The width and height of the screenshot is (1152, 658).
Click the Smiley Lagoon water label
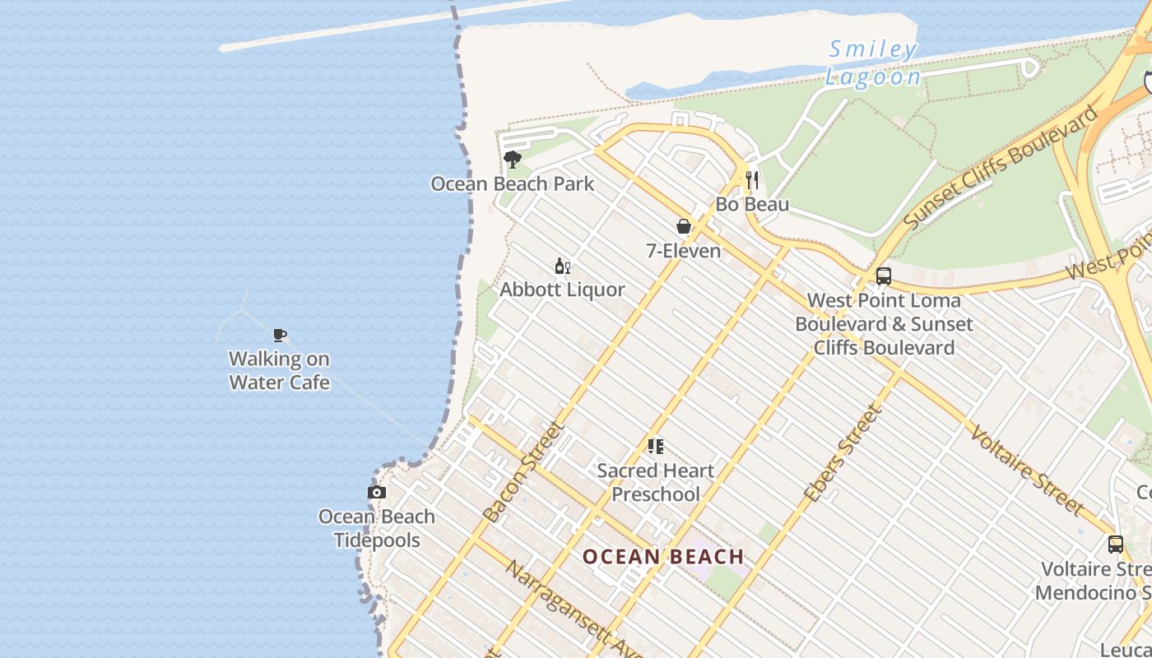point(873,63)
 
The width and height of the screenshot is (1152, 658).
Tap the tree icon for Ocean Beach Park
point(513,160)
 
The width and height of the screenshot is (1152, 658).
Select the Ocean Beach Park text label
point(512,183)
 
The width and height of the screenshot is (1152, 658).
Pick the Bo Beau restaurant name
point(752,204)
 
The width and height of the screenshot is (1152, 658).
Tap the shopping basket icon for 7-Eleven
point(684,226)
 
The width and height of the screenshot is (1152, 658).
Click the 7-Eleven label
point(683,251)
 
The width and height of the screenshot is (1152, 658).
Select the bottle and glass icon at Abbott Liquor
point(563,266)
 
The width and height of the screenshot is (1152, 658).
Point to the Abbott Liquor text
point(563,290)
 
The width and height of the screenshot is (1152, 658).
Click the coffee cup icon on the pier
point(280,335)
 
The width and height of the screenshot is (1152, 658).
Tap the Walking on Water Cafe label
point(279,370)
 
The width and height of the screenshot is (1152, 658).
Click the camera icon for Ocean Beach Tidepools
point(377,493)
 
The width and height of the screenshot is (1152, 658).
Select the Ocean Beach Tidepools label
point(377,528)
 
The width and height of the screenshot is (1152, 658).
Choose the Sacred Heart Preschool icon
point(656,447)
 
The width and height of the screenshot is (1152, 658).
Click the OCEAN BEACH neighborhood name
point(663,557)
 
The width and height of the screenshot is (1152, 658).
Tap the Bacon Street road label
point(523,472)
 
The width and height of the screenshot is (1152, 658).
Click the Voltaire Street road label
point(1025,470)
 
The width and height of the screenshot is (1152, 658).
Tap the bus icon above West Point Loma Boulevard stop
point(884,276)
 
